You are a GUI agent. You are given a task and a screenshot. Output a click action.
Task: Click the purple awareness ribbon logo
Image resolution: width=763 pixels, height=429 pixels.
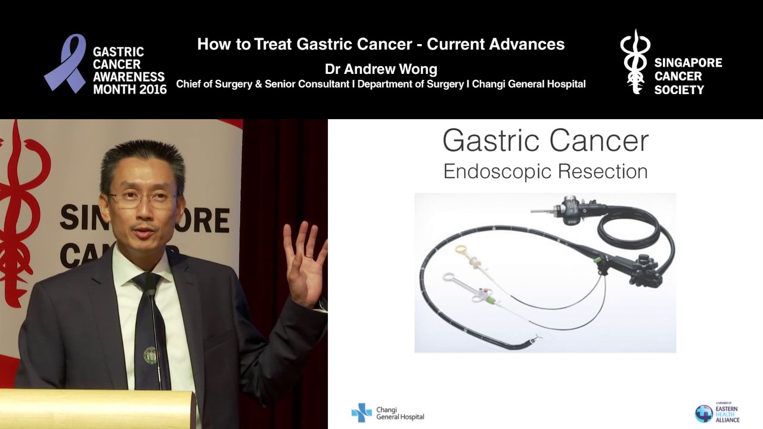click(x=66, y=63)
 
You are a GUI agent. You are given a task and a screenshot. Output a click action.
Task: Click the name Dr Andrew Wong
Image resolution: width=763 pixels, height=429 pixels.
click(x=381, y=69)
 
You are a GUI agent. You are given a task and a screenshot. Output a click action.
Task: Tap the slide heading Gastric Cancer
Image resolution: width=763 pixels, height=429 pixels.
click(x=545, y=141)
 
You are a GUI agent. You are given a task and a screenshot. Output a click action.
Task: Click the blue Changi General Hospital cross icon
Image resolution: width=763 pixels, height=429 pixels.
click(x=361, y=412)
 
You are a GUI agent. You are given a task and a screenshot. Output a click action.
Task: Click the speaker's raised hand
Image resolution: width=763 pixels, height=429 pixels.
click(x=304, y=262)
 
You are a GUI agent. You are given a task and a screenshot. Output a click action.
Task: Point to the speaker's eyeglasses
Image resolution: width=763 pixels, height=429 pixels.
click(x=142, y=199)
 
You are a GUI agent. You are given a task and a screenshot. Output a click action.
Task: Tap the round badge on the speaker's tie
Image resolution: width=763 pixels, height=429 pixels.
click(x=150, y=355)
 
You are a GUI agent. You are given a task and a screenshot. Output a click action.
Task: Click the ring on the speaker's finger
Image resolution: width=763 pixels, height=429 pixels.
click(x=309, y=256)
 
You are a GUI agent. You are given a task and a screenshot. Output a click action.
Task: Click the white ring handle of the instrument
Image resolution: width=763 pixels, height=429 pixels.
click(x=449, y=278)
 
